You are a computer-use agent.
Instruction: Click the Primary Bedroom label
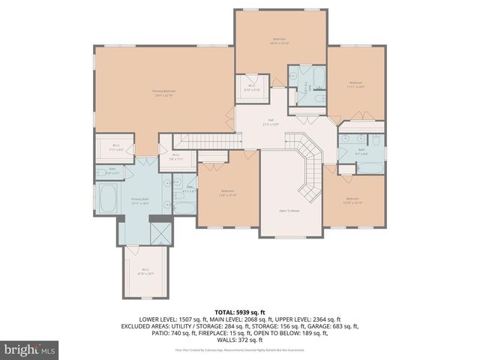163,93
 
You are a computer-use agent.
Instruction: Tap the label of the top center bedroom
280,40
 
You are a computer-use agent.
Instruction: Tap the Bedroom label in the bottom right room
352,201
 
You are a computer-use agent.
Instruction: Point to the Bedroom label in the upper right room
355,84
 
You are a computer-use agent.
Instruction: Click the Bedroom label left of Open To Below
227,193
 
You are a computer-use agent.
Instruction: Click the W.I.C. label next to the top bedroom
253,88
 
